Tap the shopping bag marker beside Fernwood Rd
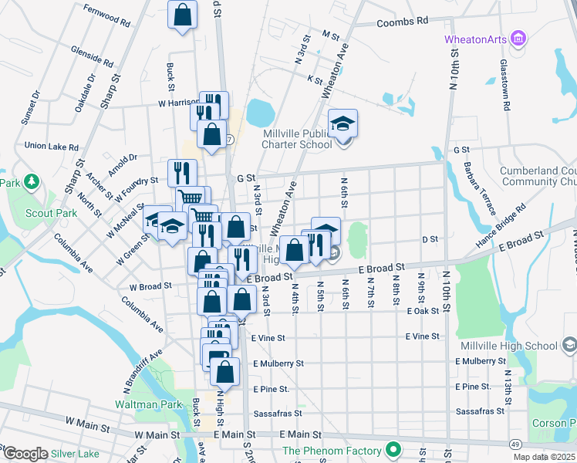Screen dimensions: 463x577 tap(182, 15)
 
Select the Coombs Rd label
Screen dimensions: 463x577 tap(402, 22)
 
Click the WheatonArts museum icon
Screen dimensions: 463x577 tap(518, 39)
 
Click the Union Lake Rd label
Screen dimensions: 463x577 tap(52, 145)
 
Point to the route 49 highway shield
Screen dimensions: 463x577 tap(514, 444)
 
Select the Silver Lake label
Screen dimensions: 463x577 tap(77, 454)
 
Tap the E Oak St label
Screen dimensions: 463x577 tap(423, 311)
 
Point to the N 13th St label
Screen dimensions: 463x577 tap(508, 387)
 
